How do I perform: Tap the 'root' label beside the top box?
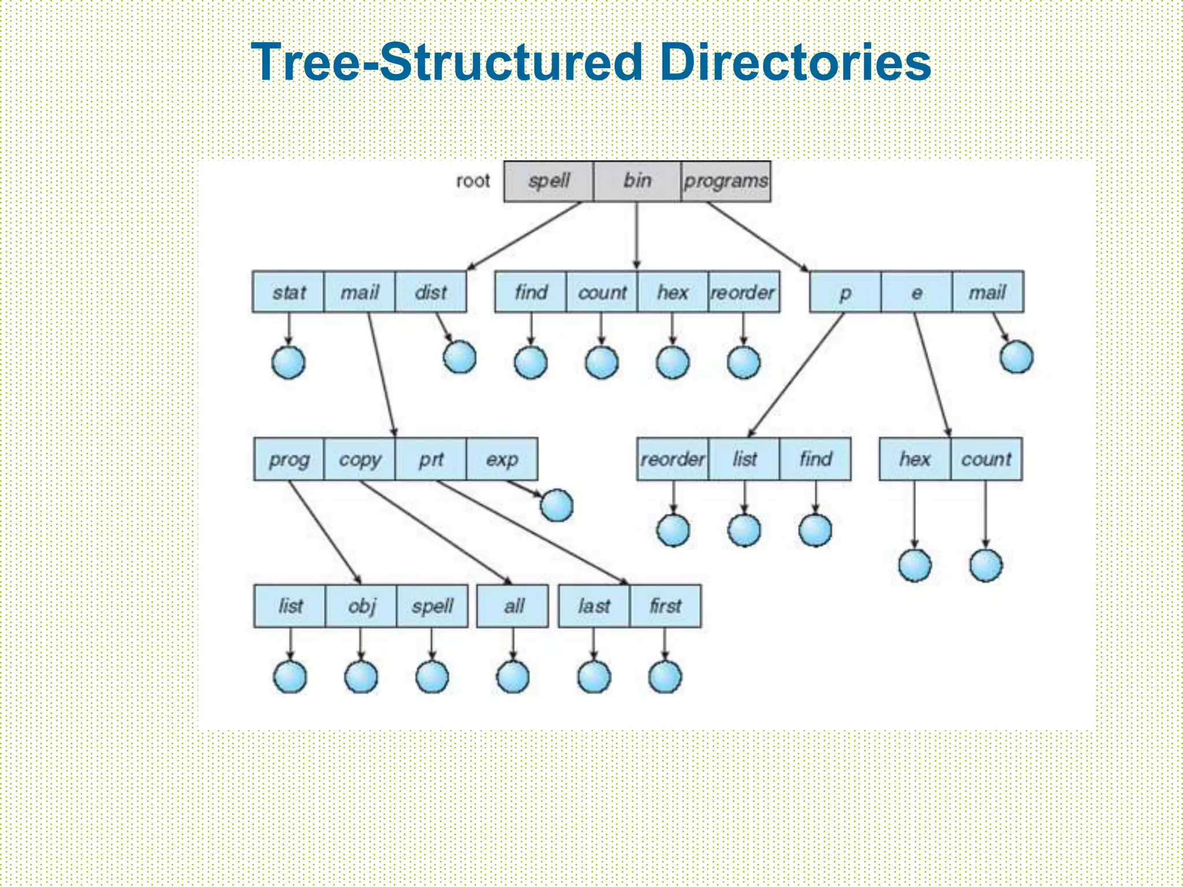pyautogui.click(x=473, y=181)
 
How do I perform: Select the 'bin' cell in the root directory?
pyautogui.click(x=637, y=181)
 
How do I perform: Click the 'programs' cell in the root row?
pyautogui.click(x=726, y=181)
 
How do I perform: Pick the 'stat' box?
pyautogui.click(x=288, y=292)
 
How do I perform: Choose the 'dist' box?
pyautogui.click(x=430, y=292)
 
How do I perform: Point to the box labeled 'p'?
pyautogui.click(x=845, y=292)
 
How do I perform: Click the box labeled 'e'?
pyautogui.click(x=916, y=292)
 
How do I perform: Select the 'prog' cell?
pyautogui.click(x=289, y=459)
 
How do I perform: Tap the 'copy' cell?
pyautogui.click(x=360, y=459)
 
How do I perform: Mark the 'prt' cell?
pyautogui.click(x=431, y=459)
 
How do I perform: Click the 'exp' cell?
pyautogui.click(x=502, y=459)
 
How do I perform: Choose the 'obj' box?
pyautogui.click(x=362, y=606)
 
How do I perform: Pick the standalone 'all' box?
pyautogui.click(x=513, y=606)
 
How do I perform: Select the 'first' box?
pyautogui.click(x=665, y=606)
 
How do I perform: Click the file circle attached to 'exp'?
pyautogui.click(x=557, y=505)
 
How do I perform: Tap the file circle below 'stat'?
pyautogui.click(x=288, y=363)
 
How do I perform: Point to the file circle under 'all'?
pyautogui.click(x=513, y=676)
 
